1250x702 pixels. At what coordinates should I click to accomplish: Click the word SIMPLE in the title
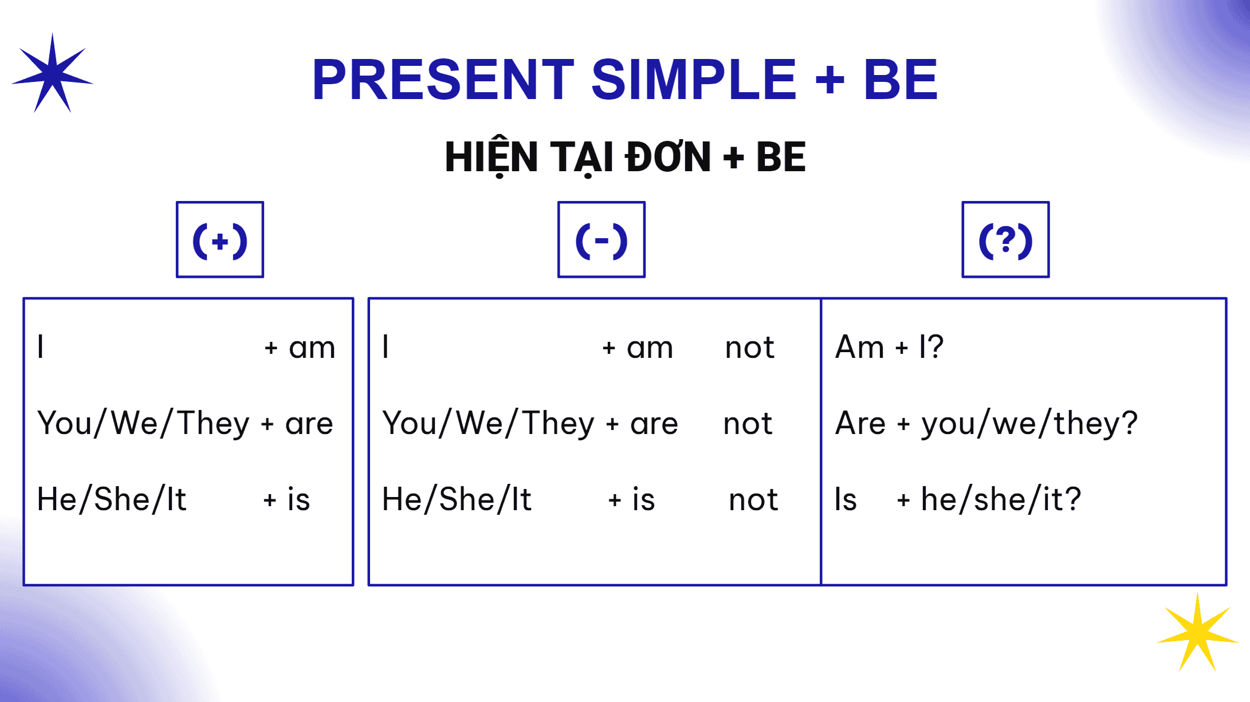pos(694,80)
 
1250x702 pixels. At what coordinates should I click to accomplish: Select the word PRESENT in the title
pos(443,80)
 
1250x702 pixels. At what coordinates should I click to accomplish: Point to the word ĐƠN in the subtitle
pos(668,157)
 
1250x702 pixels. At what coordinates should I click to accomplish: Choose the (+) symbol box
pos(220,239)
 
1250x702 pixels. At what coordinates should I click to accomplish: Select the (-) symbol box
pos(602,239)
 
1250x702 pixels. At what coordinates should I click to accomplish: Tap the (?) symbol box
pos(1005,239)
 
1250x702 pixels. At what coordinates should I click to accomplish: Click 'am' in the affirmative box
pos(312,348)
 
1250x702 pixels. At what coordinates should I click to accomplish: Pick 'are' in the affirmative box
pos(309,424)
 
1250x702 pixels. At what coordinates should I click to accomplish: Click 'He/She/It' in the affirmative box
pos(112,499)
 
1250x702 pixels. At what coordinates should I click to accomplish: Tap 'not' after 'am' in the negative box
pos(749,348)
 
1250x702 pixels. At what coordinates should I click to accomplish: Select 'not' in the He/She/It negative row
pos(753,500)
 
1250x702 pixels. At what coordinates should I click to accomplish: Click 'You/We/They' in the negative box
pos(489,424)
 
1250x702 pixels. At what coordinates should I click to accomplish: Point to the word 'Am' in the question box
pos(860,347)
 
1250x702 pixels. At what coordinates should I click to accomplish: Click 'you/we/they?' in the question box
pos(1029,424)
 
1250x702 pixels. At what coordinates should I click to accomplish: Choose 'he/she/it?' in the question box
pos(1001,499)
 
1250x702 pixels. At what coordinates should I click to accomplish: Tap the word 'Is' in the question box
pos(846,499)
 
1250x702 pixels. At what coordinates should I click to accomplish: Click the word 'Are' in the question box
pos(860,424)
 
